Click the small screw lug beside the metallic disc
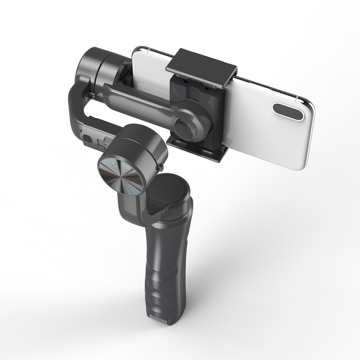pyautogui.click(x=160, y=168)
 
